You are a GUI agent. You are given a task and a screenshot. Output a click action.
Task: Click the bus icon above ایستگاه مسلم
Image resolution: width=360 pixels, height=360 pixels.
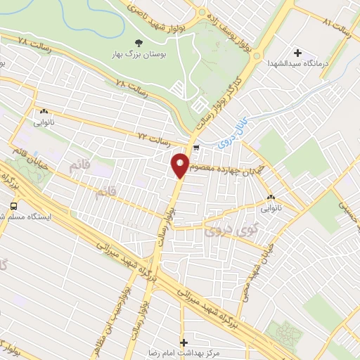(x=13, y=206)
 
